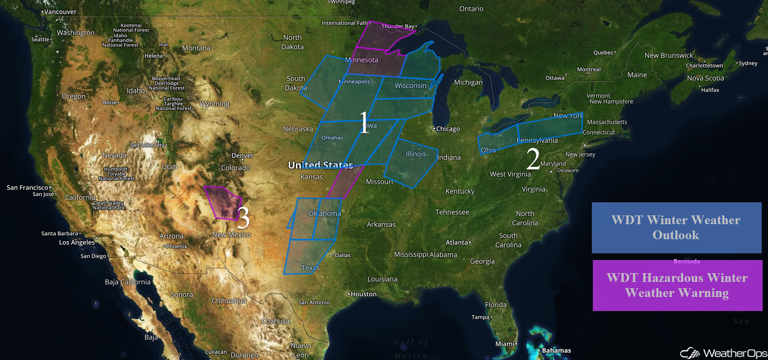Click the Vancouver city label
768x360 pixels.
60,12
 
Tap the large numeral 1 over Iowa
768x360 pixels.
364,122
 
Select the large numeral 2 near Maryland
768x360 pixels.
533,159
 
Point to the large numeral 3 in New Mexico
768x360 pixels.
243,217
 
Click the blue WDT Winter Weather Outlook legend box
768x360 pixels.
676,228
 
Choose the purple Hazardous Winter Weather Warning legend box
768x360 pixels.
677,285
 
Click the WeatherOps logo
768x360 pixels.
724,353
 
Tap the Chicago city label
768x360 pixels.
447,129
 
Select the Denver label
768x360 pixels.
243,156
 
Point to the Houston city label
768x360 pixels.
363,294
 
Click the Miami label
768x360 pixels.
505,344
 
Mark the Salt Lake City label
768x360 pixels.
148,145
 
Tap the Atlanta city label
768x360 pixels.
458,243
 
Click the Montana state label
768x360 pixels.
196,48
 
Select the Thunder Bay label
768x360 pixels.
398,27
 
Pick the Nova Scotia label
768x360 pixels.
705,78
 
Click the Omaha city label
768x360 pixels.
331,138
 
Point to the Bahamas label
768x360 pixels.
556,350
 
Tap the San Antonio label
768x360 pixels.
314,302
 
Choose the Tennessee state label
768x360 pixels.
452,212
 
